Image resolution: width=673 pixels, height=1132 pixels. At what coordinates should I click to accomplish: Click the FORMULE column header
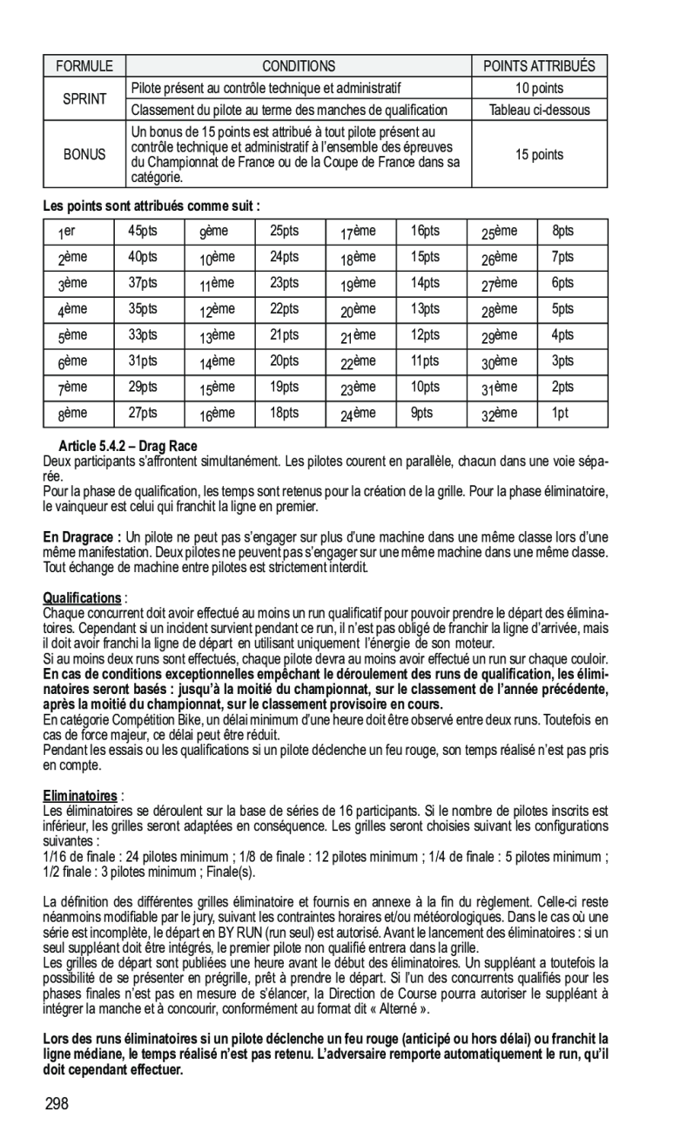pyautogui.click(x=84, y=66)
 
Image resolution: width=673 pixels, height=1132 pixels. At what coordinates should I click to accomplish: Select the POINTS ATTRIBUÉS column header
pyautogui.click(x=539, y=66)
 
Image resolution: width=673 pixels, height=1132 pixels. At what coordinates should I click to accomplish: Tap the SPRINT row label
pyautogui.click(x=84, y=99)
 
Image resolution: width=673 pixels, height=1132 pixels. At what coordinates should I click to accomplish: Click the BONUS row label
pyautogui.click(x=84, y=155)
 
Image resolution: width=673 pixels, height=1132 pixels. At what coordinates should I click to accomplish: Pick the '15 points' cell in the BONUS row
pyautogui.click(x=539, y=155)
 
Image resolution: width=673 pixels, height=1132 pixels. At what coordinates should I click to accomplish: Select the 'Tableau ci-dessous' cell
pyautogui.click(x=539, y=110)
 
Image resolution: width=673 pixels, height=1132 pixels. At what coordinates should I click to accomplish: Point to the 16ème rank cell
pyautogui.click(x=218, y=414)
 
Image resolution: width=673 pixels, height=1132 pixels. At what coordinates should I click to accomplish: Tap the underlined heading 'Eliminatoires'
pyautogui.click(x=80, y=796)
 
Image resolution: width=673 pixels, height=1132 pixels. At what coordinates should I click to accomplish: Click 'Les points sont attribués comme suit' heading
pyautogui.click(x=152, y=206)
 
